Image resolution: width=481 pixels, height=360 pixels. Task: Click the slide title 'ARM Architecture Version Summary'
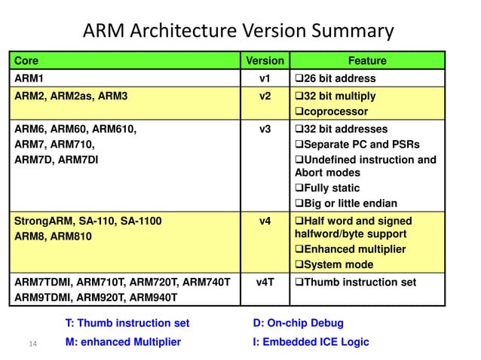click(238, 31)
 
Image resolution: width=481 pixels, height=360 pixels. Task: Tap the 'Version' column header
click(265, 60)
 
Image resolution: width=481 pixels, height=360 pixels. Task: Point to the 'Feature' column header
click(366, 60)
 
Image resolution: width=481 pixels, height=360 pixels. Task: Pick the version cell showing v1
click(265, 78)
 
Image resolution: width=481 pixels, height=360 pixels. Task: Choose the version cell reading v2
click(265, 96)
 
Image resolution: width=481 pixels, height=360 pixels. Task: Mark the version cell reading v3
click(265, 129)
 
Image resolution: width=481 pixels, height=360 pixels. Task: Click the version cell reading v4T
click(265, 282)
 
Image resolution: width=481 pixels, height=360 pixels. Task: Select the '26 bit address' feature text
click(338, 78)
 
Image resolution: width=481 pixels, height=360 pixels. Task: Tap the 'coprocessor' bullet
click(330, 111)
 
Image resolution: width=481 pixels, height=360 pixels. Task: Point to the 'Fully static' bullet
click(330, 188)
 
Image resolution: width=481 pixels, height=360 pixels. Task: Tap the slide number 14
click(32, 344)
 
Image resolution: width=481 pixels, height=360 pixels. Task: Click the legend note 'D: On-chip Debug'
click(299, 323)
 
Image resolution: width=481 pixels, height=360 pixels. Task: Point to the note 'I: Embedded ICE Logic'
click(311, 342)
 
